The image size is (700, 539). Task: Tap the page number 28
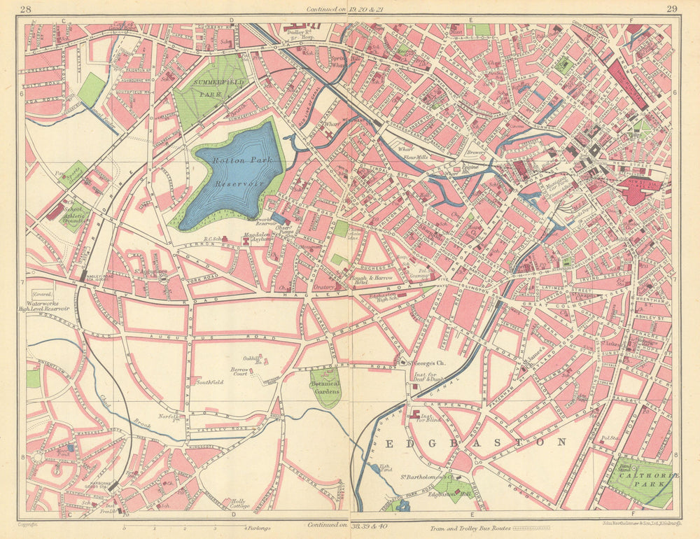pyautogui.click(x=26, y=9)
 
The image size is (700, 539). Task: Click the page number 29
pyautogui.click(x=672, y=9)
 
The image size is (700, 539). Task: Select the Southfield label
pyautogui.click(x=209, y=382)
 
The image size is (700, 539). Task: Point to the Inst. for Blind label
pyautogui.click(x=425, y=417)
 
